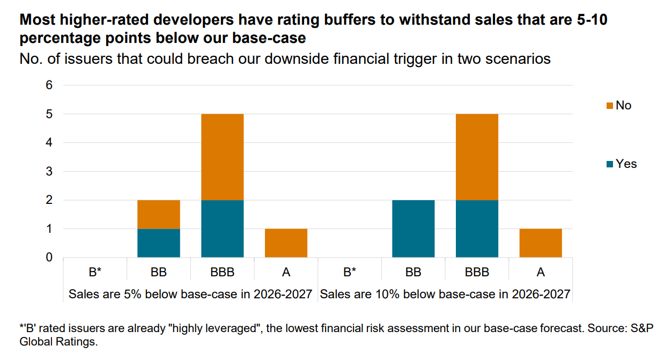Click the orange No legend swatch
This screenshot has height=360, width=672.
point(610,106)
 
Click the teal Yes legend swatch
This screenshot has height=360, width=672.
point(610,164)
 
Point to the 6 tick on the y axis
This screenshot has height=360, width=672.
point(49,85)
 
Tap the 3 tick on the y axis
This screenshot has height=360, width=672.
point(49,172)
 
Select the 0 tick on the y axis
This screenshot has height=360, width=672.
point(49,258)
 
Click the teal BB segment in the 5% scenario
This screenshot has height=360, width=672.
point(159,243)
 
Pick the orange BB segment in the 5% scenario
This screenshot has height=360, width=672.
point(159,215)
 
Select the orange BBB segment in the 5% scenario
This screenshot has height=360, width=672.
point(222,157)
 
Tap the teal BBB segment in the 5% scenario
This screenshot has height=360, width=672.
point(222,229)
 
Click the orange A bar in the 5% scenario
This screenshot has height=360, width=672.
point(286,243)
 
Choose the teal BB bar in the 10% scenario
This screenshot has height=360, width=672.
point(413,229)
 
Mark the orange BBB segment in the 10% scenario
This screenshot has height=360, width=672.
point(477,157)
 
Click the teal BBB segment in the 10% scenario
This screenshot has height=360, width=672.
point(477,229)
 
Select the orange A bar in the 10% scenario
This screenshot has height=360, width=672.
point(541,243)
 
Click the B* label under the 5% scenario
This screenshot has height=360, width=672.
point(95,273)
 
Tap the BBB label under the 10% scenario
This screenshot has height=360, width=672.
point(477,273)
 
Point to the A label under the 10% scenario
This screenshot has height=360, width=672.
point(541,273)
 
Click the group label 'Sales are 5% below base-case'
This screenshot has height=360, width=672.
point(190,294)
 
